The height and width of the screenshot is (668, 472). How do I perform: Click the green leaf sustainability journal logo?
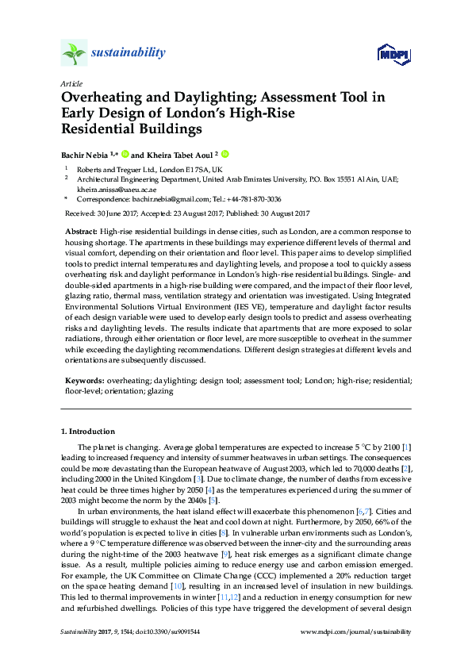tap(74, 53)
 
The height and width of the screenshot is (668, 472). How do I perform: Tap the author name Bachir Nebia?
tap(88, 155)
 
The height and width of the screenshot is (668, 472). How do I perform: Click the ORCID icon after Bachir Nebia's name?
tap(125, 155)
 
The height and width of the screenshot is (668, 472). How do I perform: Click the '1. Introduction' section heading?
tap(88, 432)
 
